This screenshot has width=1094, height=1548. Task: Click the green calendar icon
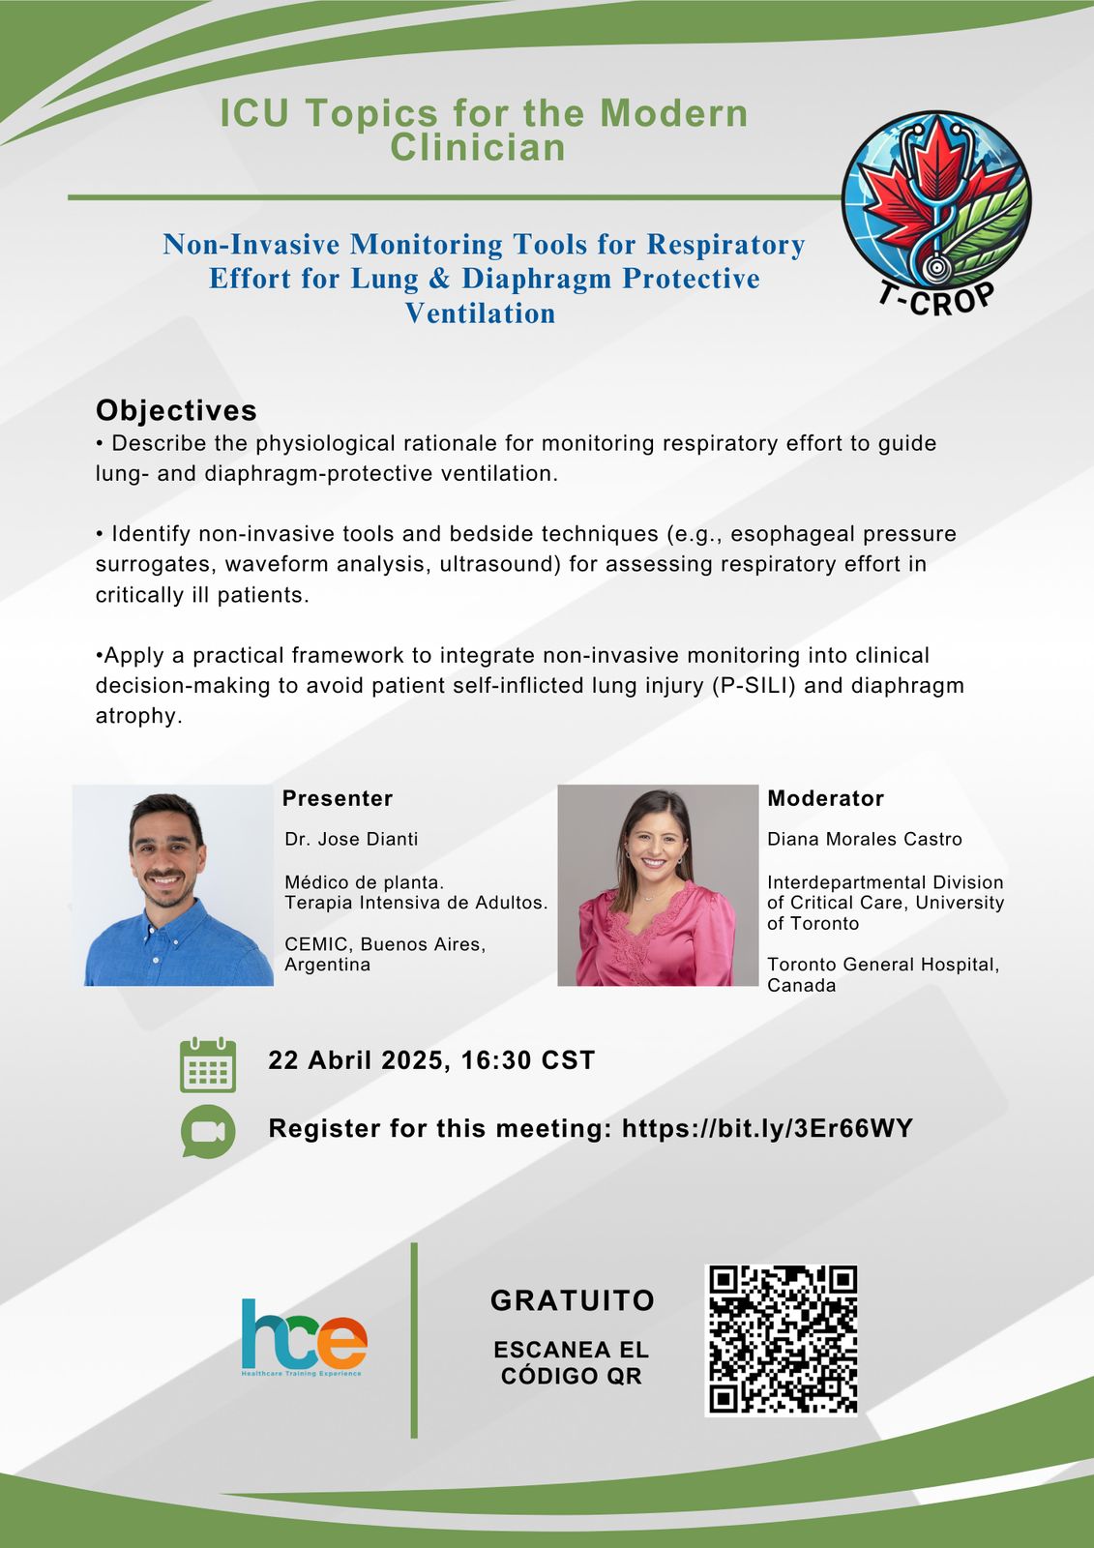208,1065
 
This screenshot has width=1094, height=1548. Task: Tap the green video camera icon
208,1131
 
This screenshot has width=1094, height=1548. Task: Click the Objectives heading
176,410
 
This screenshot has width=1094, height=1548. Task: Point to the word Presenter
338,798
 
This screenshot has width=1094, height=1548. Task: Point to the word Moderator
825,798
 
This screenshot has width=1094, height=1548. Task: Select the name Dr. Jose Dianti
351,839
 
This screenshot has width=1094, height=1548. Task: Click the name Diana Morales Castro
865,839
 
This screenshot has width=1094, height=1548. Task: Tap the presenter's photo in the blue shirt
173,885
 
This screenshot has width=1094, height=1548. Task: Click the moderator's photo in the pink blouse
658,885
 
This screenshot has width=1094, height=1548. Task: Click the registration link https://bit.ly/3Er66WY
767,1128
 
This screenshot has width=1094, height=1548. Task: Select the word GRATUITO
573,1300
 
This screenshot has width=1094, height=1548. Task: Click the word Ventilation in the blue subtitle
481,313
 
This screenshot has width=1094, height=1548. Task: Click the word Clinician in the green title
478,147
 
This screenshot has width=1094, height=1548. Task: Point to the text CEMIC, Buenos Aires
385,944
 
